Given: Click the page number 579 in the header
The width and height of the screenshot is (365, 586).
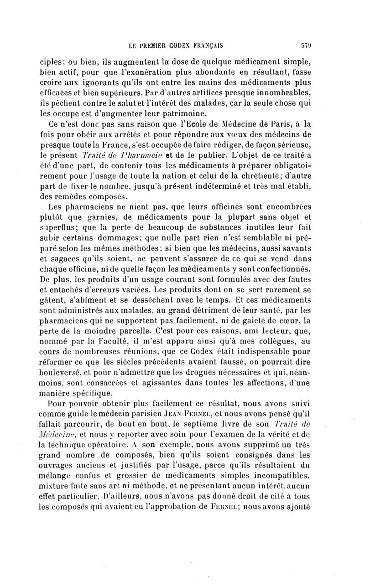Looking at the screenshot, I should click(305, 46).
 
